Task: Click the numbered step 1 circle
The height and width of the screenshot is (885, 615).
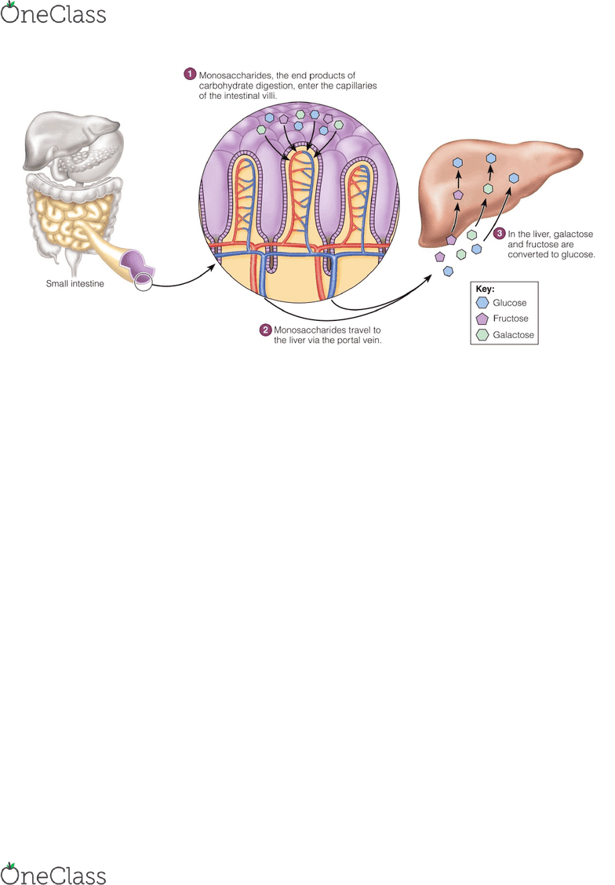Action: [x=190, y=74]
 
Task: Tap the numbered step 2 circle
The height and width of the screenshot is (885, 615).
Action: [x=266, y=330]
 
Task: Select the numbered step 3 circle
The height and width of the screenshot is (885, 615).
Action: [x=500, y=233]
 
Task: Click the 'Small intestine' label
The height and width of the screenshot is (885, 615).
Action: [x=75, y=283]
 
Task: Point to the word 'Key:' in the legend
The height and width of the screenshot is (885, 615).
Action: [x=486, y=289]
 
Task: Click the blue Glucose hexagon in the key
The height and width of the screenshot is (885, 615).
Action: [x=482, y=303]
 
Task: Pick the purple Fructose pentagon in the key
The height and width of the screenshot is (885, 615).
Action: [x=482, y=319]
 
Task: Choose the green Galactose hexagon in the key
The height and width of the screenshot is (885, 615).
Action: [x=482, y=335]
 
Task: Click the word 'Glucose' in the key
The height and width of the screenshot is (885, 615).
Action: [x=509, y=303]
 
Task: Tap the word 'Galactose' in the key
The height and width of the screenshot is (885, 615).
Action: [x=514, y=335]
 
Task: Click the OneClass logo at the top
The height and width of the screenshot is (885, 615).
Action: [x=53, y=13]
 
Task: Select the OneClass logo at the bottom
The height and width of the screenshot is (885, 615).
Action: [x=53, y=873]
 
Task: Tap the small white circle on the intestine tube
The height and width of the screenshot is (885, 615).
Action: [x=144, y=281]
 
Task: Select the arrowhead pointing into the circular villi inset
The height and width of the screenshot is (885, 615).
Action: [x=211, y=267]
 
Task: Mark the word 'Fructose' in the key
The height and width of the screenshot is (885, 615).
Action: [x=511, y=319]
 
